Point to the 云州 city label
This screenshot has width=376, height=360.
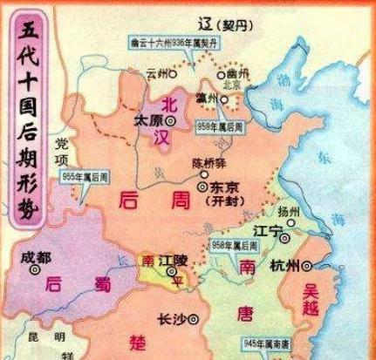pos(157,74)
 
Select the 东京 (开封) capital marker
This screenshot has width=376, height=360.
pos(202,186)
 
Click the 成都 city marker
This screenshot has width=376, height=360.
pos(34,270)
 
